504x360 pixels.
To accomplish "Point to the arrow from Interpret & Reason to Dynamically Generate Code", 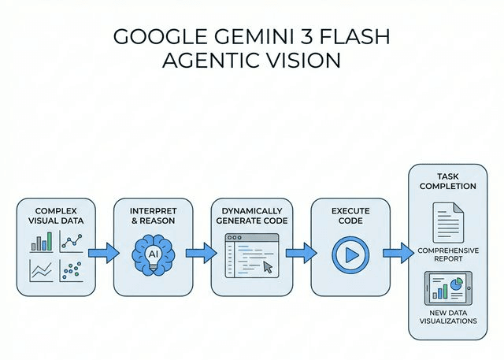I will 199,254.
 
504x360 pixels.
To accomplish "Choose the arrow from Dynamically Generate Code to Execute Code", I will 297,254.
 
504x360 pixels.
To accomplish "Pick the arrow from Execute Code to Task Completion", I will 397,254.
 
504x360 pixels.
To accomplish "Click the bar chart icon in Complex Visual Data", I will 41,241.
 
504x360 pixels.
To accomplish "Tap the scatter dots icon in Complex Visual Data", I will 72,270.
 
